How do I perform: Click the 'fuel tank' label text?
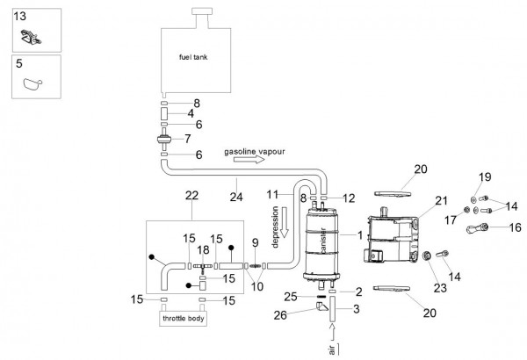point(193,57)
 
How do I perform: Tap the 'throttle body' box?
point(183,319)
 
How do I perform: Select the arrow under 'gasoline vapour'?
point(249,159)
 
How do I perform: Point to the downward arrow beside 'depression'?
point(285,222)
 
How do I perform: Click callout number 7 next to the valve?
point(188,139)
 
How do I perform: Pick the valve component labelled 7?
point(164,139)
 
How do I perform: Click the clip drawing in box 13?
point(31,37)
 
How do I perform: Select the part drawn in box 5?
point(32,84)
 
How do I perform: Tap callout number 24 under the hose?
point(236,197)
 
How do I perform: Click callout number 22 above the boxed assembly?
point(191,195)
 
